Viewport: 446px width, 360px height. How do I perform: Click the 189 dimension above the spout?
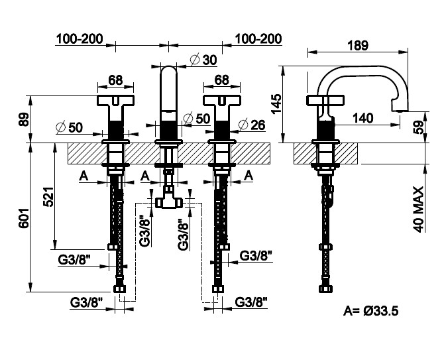pos(358,46)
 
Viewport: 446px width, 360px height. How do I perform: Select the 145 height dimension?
pos(276,103)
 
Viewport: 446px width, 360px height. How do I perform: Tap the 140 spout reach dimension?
pos(362,117)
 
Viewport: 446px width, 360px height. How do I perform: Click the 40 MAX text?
pos(418,209)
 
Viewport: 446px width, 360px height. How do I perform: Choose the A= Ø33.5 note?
pos(370,311)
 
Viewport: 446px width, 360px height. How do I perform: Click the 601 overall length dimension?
pos(24,218)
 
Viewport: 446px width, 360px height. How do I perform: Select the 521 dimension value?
pos(48,197)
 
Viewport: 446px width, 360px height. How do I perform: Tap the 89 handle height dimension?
pos(24,119)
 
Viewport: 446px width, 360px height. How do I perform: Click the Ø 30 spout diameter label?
pos(203,60)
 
